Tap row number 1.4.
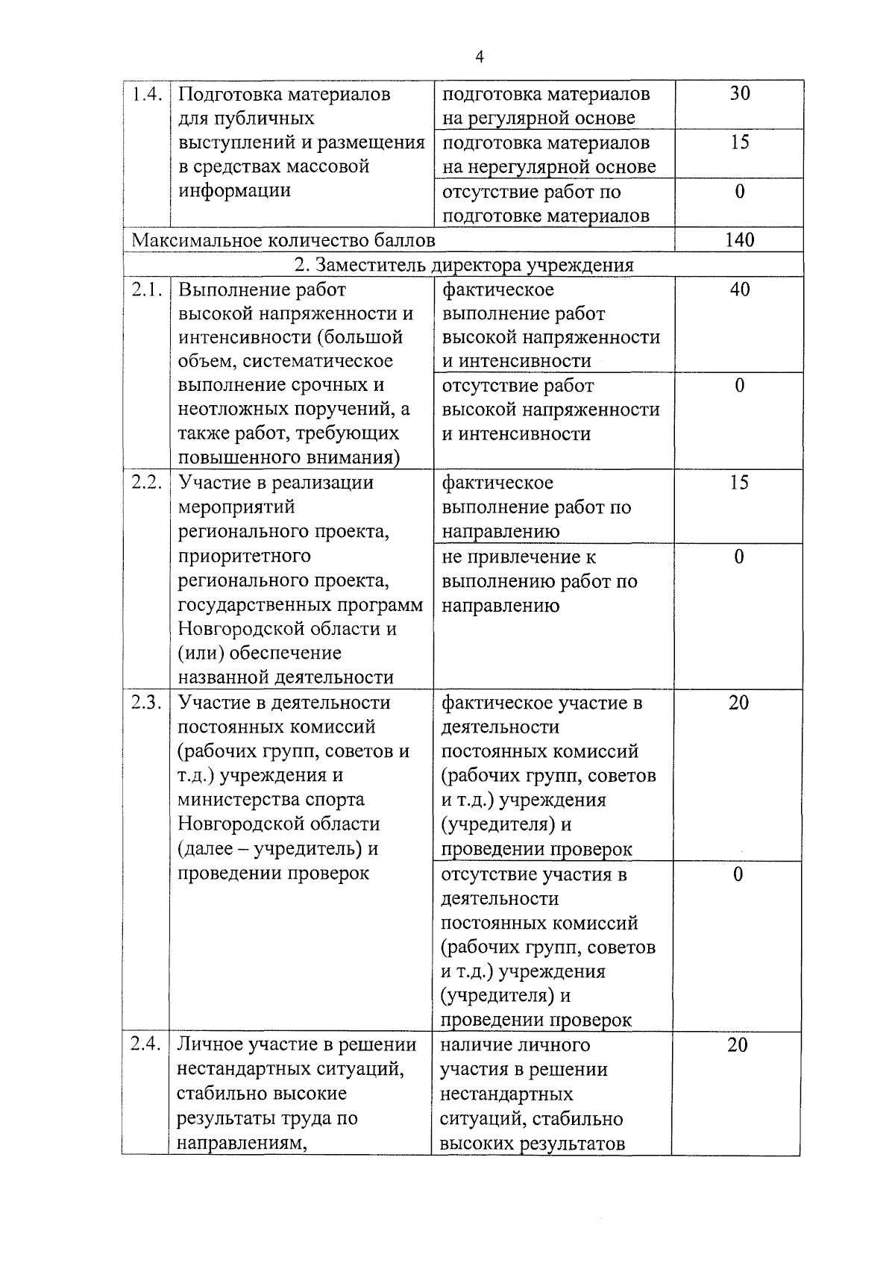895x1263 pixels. pyautogui.click(x=147, y=95)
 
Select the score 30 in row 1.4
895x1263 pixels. pyautogui.click(x=739, y=93)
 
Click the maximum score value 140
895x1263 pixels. pyautogui.click(x=739, y=240)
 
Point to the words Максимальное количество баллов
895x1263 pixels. pyautogui.click(x=283, y=241)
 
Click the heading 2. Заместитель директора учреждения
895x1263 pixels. pyautogui.click(x=464, y=265)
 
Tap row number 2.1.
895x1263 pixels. pyautogui.click(x=147, y=289)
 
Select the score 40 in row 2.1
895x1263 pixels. pyautogui.click(x=739, y=289)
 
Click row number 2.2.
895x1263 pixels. pyautogui.click(x=147, y=483)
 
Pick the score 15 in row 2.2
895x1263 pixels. pyautogui.click(x=738, y=483)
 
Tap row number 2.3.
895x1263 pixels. pyautogui.click(x=147, y=703)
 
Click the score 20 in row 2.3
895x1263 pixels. pyautogui.click(x=738, y=703)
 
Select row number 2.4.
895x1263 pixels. pyautogui.click(x=145, y=1045)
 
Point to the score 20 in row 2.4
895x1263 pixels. pyautogui.click(x=737, y=1045)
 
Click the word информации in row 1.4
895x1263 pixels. pyautogui.click(x=234, y=190)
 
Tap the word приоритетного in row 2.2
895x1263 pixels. pyautogui.click(x=244, y=557)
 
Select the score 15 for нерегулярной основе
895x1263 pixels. pyautogui.click(x=739, y=142)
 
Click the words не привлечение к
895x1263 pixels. pyautogui.click(x=519, y=557)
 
